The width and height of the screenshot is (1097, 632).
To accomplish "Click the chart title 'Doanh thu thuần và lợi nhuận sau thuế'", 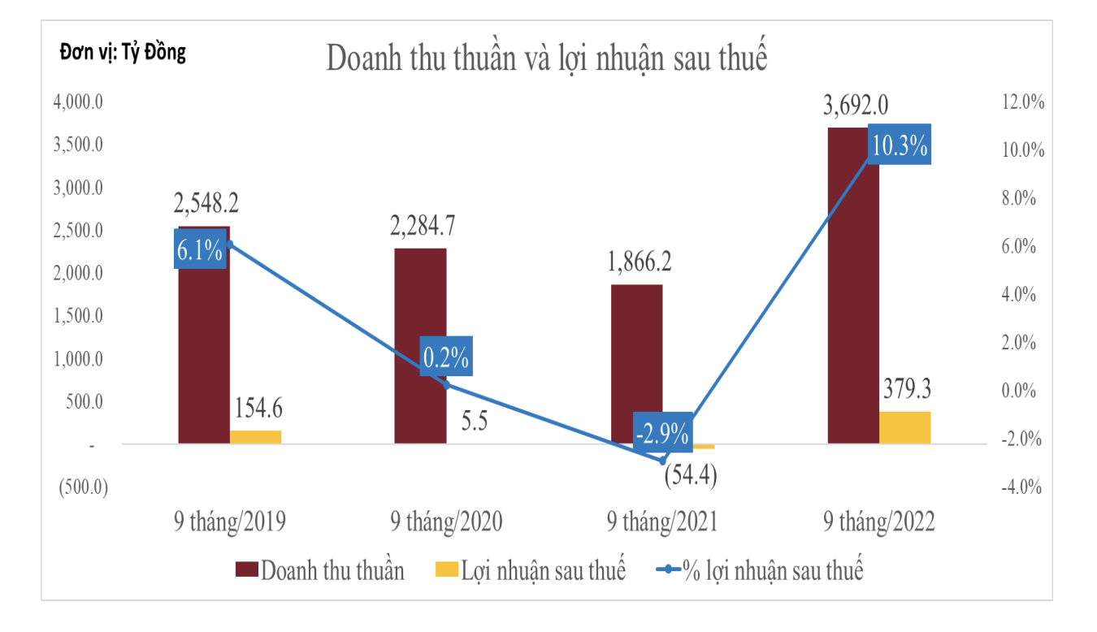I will tap(547, 59).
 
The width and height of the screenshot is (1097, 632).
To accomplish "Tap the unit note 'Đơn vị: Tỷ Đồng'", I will tap(123, 53).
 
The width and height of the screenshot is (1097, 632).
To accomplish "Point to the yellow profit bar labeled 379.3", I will tap(904, 427).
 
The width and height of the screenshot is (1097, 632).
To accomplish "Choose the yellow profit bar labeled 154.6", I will tap(255, 436).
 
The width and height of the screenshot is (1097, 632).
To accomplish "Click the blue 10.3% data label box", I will tap(900, 146).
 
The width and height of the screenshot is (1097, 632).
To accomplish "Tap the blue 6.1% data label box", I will tap(200, 250).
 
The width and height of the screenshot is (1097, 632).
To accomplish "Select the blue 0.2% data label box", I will tap(445, 357).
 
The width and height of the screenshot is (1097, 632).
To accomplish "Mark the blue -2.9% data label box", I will tap(662, 431).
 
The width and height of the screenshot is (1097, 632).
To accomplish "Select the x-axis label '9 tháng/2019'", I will tap(229, 521).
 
